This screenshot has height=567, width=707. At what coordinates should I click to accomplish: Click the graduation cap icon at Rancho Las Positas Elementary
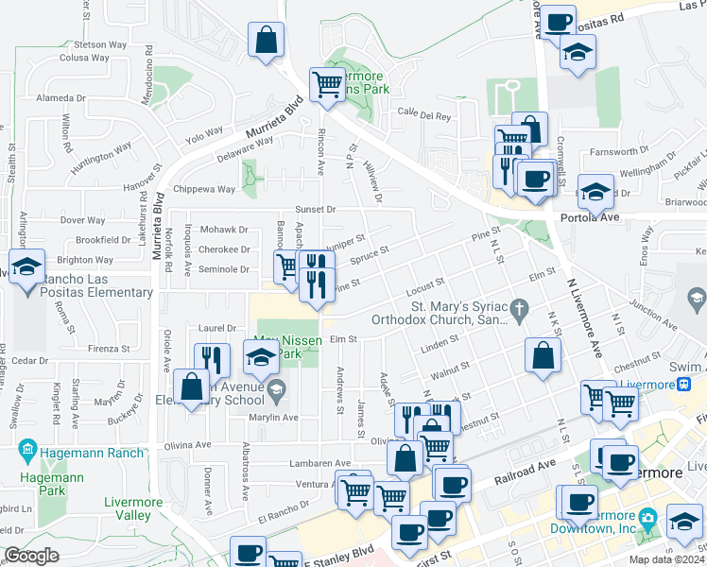[x=27, y=267]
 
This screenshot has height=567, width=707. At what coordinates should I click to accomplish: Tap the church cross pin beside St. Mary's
[x=517, y=308]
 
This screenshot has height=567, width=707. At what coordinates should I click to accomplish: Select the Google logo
[x=31, y=556]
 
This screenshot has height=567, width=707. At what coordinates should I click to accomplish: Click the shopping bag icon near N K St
[x=543, y=357]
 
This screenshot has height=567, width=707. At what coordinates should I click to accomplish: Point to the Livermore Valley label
[x=128, y=507]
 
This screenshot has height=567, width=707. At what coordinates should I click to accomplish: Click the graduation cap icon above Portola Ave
[x=595, y=192]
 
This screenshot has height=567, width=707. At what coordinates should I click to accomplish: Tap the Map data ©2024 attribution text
[x=667, y=559]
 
